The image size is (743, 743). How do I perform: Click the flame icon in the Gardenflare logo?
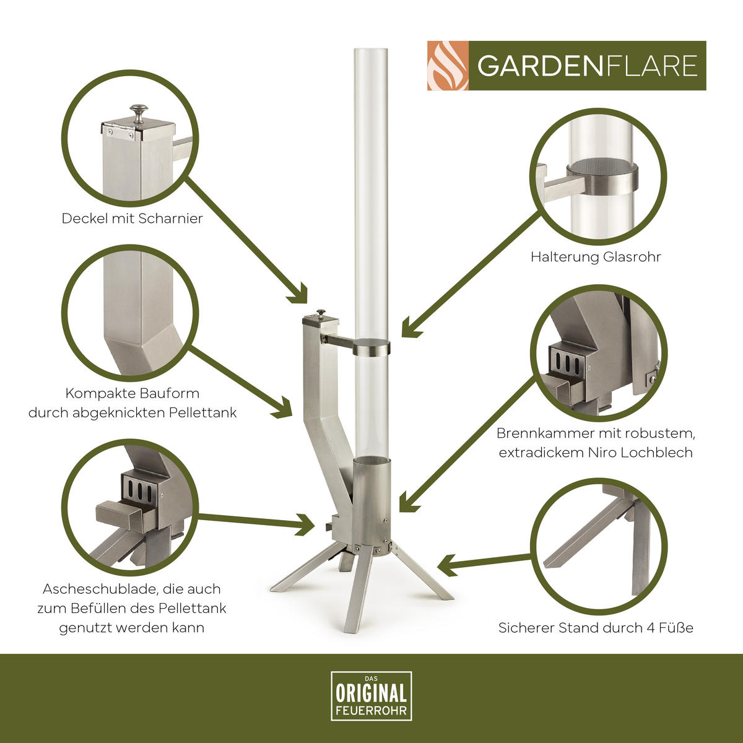pos(448,66)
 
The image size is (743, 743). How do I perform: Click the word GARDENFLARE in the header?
pos(587,66)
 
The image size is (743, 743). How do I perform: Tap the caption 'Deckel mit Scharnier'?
pos(132,219)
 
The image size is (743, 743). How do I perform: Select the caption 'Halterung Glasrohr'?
pos(596,256)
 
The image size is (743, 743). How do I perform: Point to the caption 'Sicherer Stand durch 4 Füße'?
pos(596,628)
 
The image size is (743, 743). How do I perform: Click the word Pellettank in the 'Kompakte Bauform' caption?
pos(202,412)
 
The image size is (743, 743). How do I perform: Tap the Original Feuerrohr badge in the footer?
pos(371,696)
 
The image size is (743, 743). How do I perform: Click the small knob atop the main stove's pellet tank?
pos(321,313)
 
